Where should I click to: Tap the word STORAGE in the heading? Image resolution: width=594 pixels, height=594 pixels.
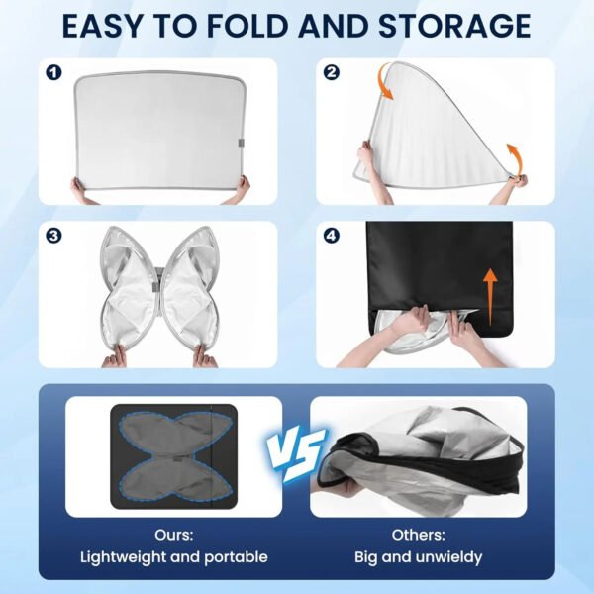454,26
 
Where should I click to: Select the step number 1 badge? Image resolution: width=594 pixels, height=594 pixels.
53,72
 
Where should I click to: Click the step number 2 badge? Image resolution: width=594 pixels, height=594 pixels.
332,72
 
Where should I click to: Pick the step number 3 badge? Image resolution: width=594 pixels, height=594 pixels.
53,236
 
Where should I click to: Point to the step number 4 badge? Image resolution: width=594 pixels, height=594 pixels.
332,236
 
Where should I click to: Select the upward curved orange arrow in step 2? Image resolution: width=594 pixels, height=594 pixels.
515,159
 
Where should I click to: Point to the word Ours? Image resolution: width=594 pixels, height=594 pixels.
174,535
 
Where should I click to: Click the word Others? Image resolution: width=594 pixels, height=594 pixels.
418,535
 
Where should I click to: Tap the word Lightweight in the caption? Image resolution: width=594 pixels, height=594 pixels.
123,557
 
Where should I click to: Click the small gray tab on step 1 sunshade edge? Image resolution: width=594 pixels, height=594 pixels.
241,143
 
